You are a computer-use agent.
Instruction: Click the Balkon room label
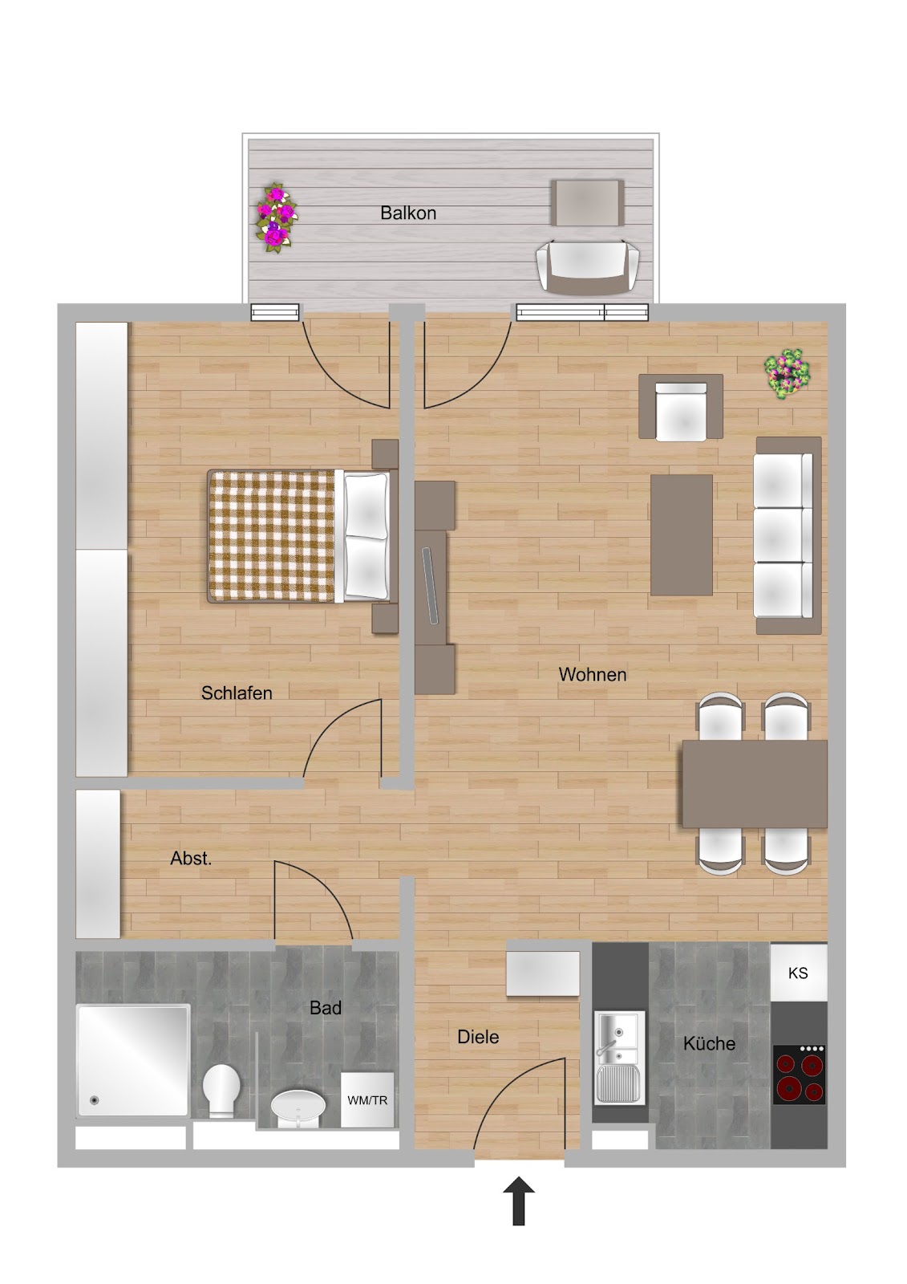click(x=408, y=213)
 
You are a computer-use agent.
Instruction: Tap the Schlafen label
click(x=237, y=693)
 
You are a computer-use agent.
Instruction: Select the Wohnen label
click(x=593, y=674)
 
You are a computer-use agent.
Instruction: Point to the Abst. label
click(x=191, y=858)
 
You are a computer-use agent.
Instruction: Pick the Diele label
click(x=478, y=1037)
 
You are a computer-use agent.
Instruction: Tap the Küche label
click(x=709, y=1043)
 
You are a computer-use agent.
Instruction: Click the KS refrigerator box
click(x=798, y=973)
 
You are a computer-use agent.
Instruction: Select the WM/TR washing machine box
click(x=367, y=1100)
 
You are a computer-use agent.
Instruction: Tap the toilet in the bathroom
click(x=221, y=1090)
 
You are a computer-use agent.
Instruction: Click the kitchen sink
click(x=619, y=1058)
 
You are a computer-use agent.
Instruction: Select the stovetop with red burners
click(x=799, y=1075)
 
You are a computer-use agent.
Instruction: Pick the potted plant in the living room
click(x=788, y=374)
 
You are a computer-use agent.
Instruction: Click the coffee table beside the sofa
click(x=682, y=534)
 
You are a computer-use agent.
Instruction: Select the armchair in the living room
click(x=681, y=408)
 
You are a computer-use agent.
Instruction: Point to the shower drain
click(x=95, y=1100)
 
